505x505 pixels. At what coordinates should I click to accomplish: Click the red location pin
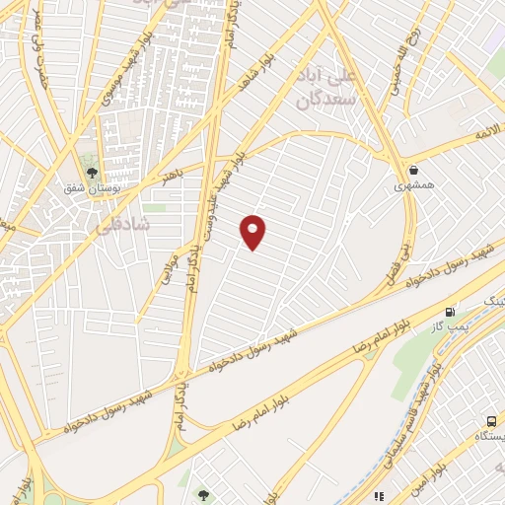point(253,232)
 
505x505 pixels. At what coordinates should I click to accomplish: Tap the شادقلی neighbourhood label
point(124,225)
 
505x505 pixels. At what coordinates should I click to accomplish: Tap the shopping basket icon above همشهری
point(412,170)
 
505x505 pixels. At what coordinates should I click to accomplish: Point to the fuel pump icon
point(452,312)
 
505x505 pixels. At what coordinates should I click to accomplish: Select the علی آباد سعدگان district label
point(326,88)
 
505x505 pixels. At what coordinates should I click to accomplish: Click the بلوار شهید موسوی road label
point(132,69)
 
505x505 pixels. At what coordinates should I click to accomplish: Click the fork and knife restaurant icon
point(379,496)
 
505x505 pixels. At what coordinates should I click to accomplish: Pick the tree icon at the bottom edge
point(203,496)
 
